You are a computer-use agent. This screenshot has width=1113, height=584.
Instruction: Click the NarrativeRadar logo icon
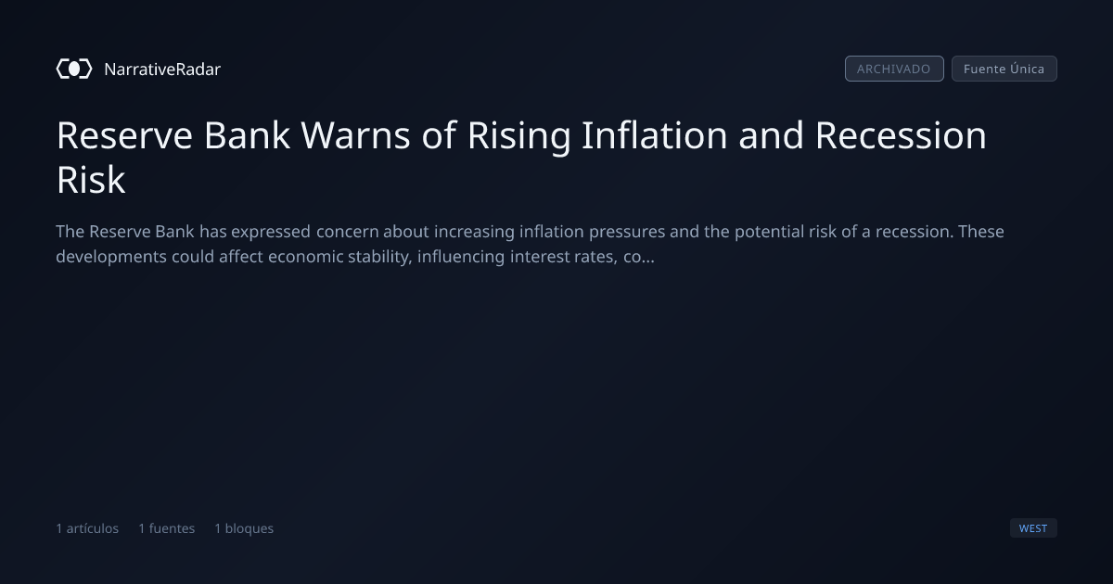[x=74, y=69]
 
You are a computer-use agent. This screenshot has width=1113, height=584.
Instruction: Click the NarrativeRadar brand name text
[x=162, y=69]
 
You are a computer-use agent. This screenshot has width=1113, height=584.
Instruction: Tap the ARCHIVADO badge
[x=894, y=69]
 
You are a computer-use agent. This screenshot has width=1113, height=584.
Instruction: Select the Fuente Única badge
[x=1004, y=69]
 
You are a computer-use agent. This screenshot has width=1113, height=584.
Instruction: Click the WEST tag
[x=1033, y=527]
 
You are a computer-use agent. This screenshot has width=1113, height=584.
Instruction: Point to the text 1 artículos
[x=87, y=528]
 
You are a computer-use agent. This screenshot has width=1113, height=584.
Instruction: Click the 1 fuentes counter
[x=167, y=528]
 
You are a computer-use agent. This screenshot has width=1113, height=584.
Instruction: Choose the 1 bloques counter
[x=244, y=528]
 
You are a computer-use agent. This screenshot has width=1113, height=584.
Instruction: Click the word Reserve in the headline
[x=124, y=135]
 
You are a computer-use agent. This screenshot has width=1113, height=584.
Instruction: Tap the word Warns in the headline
[x=355, y=135]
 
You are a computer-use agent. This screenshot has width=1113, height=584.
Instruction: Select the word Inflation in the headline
[x=655, y=135]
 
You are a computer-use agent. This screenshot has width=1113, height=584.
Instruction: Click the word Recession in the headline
[x=901, y=135]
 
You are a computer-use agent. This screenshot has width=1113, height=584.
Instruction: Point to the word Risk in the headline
[x=91, y=179]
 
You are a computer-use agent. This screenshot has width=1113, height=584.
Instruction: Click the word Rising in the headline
[x=518, y=136]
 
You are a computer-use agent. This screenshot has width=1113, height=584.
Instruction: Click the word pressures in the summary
[x=627, y=233]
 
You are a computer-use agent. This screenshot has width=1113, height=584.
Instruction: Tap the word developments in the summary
[x=111, y=258]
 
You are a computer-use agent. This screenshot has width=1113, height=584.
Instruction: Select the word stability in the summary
[x=380, y=258]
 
